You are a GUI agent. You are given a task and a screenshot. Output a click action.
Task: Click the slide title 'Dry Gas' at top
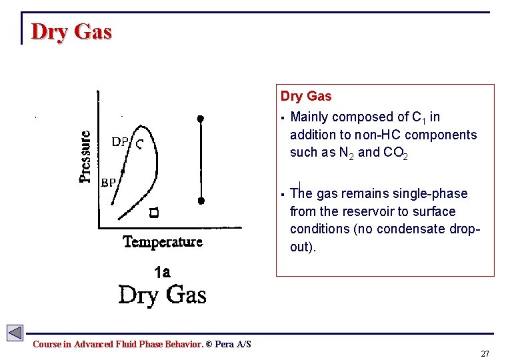tap(71, 32)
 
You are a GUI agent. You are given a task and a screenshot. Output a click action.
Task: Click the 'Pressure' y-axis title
tap(86, 156)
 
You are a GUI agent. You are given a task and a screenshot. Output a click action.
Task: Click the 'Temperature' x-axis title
tap(163, 242)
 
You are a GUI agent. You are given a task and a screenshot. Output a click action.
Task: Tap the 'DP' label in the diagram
tap(120, 141)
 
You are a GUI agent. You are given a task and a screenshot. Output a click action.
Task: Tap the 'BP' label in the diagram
tap(109, 182)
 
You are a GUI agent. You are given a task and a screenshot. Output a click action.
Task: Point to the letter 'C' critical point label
tap(139, 143)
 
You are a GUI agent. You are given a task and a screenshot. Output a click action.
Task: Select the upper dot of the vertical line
tap(201, 119)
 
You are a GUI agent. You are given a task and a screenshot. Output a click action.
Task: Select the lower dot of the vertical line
tap(201, 200)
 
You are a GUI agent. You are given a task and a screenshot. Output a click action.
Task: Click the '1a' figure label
tap(162, 272)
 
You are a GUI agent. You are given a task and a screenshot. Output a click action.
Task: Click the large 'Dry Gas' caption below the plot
tap(162, 294)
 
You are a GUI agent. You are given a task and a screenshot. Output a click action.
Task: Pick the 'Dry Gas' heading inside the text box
tap(306, 97)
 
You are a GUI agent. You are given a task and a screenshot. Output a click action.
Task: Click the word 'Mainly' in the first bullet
tap(310, 117)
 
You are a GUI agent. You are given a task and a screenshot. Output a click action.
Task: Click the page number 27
tap(485, 353)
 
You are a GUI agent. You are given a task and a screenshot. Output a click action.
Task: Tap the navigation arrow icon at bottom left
tap(15, 333)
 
